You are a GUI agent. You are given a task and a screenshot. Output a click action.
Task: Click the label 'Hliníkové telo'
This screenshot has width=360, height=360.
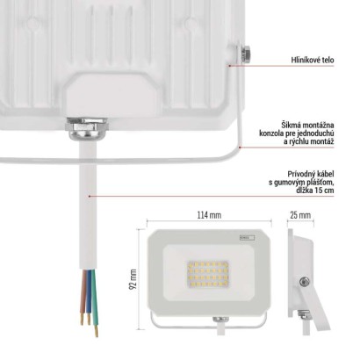click(313, 60)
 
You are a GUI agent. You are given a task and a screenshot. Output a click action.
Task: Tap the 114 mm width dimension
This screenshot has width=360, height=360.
click(209, 215)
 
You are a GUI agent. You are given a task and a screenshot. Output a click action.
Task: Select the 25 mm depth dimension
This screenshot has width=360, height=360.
click(300, 215)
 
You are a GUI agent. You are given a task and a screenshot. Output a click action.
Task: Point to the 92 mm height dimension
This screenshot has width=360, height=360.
click(133, 279)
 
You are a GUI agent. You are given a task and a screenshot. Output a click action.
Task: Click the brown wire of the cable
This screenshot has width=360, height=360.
click(83, 296)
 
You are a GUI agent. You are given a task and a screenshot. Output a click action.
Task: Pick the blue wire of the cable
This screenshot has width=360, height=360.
click(88, 296)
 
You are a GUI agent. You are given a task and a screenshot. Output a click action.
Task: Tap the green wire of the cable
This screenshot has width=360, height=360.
click(94, 301)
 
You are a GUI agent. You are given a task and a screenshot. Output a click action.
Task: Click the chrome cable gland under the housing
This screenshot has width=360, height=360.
click(87, 128)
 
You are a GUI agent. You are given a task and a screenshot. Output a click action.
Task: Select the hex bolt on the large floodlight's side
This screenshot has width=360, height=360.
click(245, 54)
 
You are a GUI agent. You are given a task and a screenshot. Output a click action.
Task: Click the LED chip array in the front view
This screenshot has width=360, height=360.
click(207, 273)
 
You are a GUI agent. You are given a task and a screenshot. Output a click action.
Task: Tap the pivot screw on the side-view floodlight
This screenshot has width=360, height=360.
click(305, 282)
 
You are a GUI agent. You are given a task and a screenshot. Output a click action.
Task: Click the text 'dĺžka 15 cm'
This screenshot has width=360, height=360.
click(315, 191)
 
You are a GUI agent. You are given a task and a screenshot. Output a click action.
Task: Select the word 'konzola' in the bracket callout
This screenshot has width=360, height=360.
click(270, 133)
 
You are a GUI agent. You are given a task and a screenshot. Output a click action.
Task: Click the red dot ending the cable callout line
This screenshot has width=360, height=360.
click(90, 196)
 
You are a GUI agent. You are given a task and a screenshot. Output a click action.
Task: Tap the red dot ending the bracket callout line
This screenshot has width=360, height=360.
click(240, 148)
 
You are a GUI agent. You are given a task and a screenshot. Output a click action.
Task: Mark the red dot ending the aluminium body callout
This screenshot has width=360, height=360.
click(230, 66)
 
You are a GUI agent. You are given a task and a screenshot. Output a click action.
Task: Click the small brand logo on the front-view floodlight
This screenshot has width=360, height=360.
click(247, 237)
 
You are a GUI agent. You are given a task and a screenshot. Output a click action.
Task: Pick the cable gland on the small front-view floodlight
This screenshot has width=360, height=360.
click(220, 319)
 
